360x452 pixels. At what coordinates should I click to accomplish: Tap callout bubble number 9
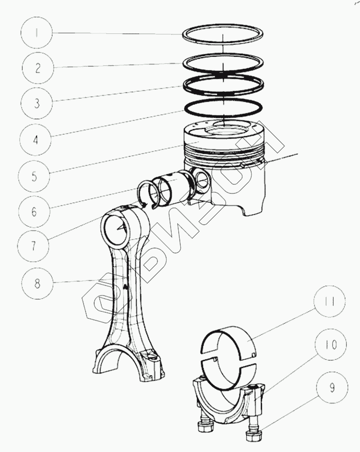(332, 389)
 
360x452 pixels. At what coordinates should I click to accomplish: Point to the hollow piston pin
(175, 188)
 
